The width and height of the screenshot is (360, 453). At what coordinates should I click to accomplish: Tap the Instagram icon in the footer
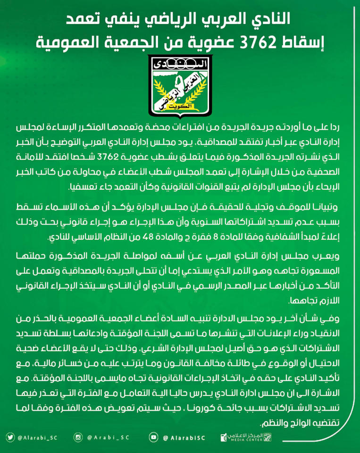tap(78, 438)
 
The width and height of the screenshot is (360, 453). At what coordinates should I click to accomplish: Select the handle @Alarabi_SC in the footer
tap(36, 438)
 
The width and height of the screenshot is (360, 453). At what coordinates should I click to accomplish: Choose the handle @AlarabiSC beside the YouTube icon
tap(183, 438)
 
